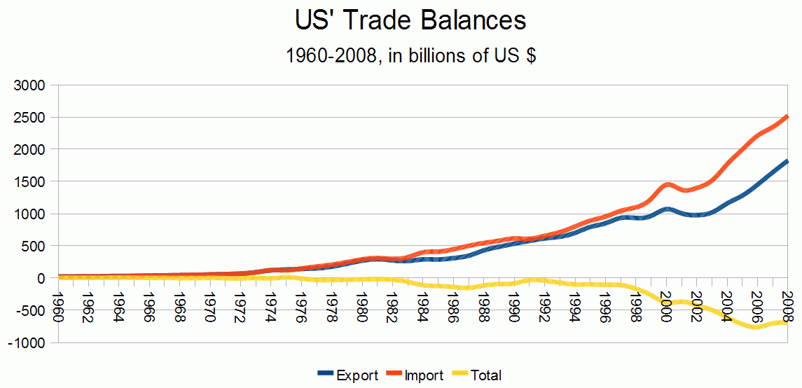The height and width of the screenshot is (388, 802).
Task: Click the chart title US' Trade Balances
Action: (410, 21)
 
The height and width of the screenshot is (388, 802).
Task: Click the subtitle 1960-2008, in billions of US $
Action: (410, 56)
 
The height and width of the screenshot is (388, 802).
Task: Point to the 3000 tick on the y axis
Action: (31, 85)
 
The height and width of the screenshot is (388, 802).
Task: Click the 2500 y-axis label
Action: (31, 117)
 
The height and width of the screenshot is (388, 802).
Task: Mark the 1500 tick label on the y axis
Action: (31, 181)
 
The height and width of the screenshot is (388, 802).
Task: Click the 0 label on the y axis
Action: (40, 278)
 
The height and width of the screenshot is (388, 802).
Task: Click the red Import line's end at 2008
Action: (787, 116)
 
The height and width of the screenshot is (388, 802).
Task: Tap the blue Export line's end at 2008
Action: (787, 161)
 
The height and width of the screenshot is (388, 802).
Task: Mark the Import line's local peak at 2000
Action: (668, 184)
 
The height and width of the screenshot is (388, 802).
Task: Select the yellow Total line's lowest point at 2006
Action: (756, 327)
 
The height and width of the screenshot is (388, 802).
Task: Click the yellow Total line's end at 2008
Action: (787, 322)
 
